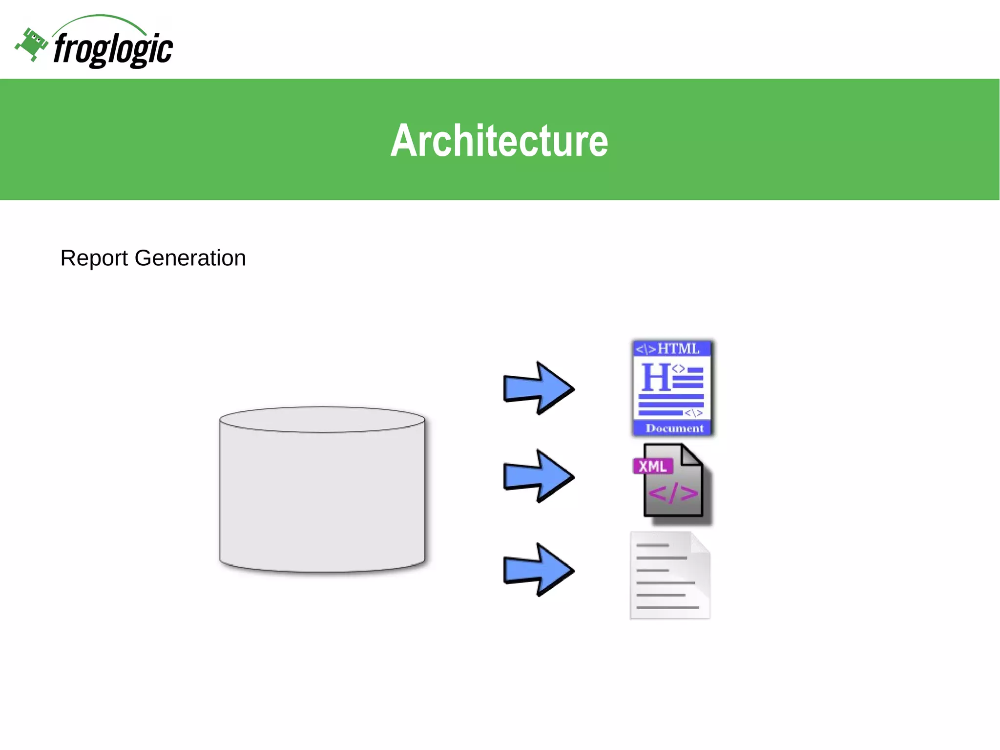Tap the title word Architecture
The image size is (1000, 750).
pyautogui.click(x=499, y=141)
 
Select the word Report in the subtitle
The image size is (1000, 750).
pyautogui.click(x=94, y=258)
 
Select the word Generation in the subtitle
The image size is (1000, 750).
pyautogui.click(x=190, y=258)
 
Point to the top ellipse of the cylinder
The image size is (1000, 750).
pyautogui.click(x=322, y=420)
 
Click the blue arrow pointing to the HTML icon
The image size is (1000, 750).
pyautogui.click(x=538, y=388)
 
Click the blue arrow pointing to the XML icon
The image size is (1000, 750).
pyautogui.click(x=538, y=476)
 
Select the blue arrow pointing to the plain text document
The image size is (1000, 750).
pyautogui.click(x=538, y=570)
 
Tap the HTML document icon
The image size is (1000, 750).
pyautogui.click(x=672, y=387)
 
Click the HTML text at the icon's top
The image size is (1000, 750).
pyautogui.click(x=678, y=349)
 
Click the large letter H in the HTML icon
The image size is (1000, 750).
pyautogui.click(x=655, y=377)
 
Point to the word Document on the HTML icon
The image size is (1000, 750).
pyautogui.click(x=674, y=429)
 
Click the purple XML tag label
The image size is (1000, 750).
pyautogui.click(x=652, y=466)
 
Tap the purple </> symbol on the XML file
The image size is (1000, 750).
pyautogui.click(x=673, y=493)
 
